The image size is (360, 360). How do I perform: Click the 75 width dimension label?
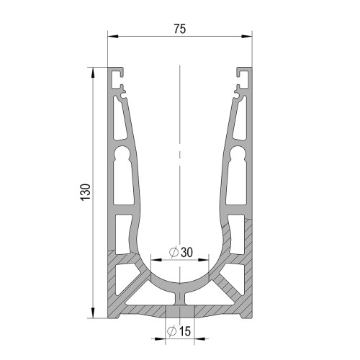180,29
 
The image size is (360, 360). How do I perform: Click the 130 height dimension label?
86,192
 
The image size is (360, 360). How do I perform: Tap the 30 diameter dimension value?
186,252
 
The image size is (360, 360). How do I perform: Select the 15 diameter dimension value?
185,331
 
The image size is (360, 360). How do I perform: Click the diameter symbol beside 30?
174,252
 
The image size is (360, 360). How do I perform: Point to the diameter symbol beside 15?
172,331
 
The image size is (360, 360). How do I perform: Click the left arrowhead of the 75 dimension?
113,37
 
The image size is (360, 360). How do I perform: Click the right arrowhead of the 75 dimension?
247,37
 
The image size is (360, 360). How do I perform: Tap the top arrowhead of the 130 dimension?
93,73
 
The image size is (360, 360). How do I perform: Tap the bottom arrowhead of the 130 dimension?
93,312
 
